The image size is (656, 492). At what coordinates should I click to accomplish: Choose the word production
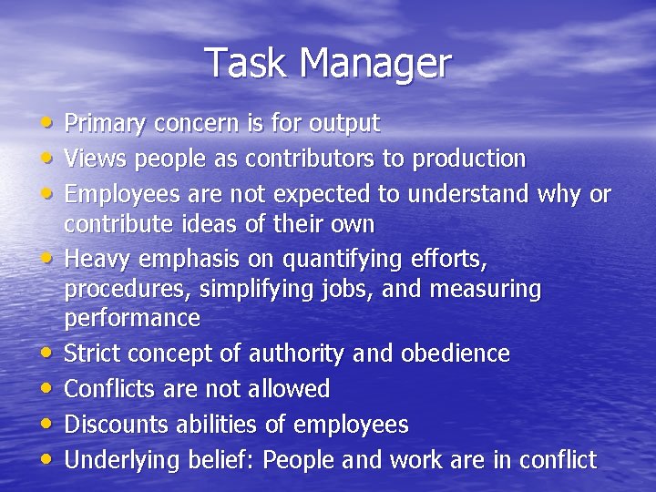tap(469, 159)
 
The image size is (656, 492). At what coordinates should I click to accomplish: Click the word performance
tap(132, 319)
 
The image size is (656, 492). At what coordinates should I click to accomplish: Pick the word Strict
tap(92, 354)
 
